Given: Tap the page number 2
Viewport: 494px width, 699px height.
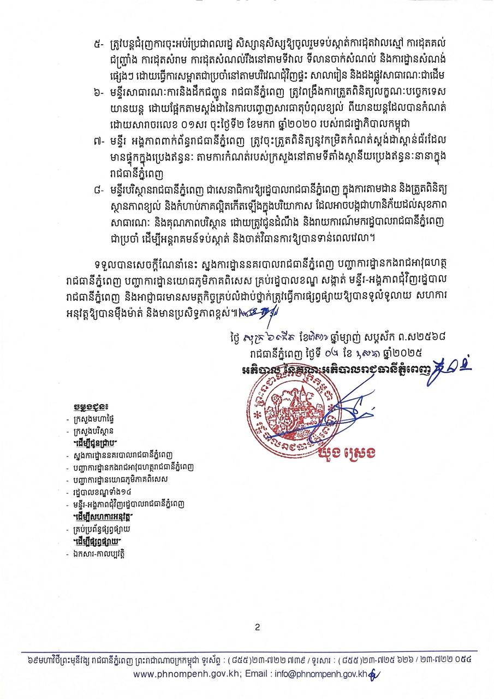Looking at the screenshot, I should click(257, 628).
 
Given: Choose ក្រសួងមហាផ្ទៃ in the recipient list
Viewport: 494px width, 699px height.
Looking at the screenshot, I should click(96, 419).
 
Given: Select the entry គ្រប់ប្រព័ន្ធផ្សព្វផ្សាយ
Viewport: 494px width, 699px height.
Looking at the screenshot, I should click(104, 529).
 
